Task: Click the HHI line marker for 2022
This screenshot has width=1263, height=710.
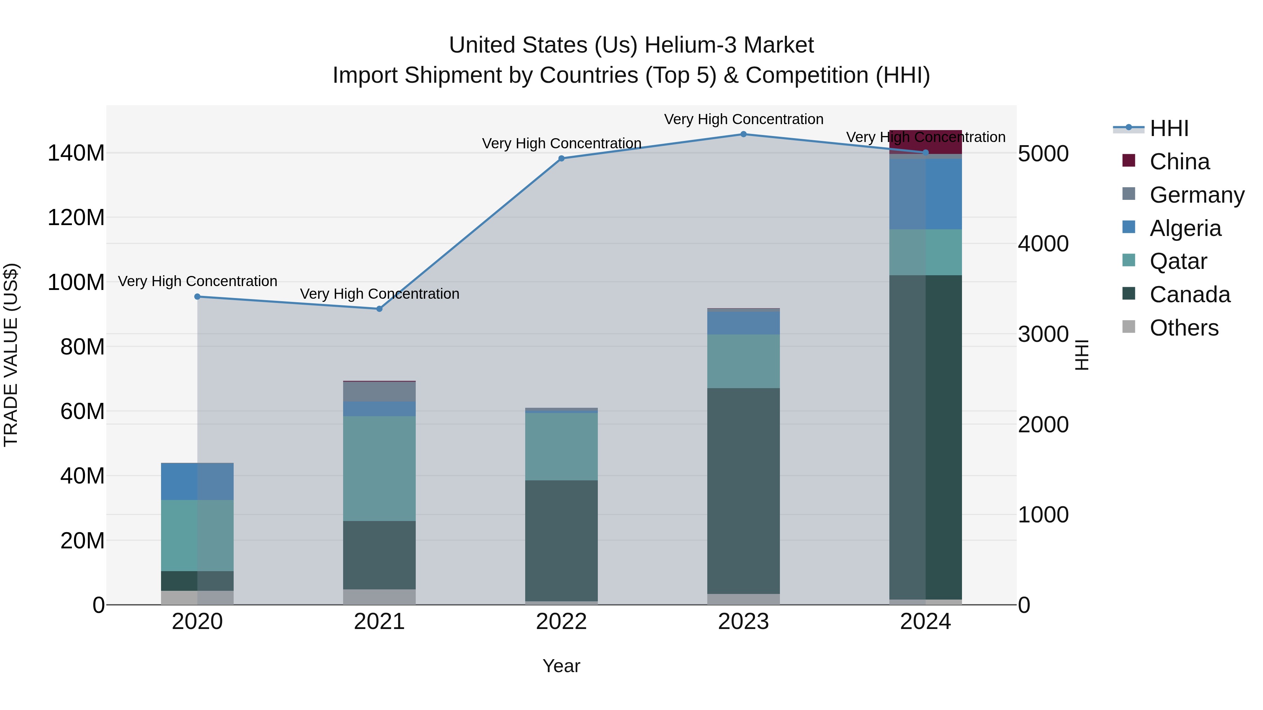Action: (x=561, y=158)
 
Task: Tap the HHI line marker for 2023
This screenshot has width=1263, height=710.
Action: (x=743, y=134)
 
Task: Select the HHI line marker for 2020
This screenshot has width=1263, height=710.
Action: (x=198, y=296)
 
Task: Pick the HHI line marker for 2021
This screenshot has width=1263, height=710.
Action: (x=379, y=309)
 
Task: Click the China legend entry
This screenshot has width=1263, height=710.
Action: (x=1179, y=162)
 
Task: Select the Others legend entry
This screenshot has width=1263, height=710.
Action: (x=1184, y=328)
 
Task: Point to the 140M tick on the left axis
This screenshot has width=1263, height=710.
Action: (x=76, y=153)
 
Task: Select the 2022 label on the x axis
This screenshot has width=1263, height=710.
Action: (x=561, y=622)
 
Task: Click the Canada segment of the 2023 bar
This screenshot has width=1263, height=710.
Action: (x=743, y=490)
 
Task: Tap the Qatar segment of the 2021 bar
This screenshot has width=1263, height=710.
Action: (x=379, y=468)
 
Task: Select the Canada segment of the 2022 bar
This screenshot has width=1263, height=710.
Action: (x=561, y=540)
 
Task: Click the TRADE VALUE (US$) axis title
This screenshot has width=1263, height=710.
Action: (x=11, y=355)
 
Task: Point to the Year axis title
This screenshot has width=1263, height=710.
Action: (x=561, y=666)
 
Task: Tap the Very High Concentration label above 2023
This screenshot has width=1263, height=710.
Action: (x=743, y=119)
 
